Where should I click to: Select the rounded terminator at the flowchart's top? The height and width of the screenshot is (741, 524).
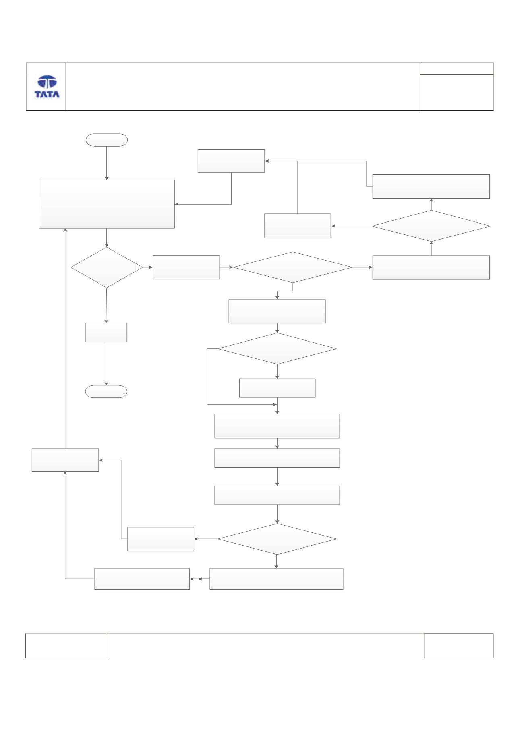click(107, 140)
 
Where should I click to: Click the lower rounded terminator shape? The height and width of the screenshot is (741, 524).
click(106, 391)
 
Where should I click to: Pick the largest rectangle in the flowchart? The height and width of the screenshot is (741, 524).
click(107, 204)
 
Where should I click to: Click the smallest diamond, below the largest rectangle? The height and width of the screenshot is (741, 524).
click(107, 267)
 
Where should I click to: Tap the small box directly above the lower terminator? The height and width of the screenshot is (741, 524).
click(106, 332)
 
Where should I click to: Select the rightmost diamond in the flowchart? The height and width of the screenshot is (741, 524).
click(431, 226)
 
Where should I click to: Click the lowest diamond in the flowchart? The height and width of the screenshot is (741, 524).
click(277, 539)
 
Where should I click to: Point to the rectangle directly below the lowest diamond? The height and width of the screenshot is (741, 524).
click(277, 579)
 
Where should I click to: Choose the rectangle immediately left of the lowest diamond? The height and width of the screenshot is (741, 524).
click(161, 539)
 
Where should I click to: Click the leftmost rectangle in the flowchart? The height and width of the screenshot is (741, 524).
click(65, 460)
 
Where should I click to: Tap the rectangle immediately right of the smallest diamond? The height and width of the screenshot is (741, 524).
click(186, 267)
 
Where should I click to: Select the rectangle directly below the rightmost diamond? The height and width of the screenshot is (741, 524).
click(431, 267)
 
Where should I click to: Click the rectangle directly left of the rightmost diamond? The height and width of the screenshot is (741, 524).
click(298, 226)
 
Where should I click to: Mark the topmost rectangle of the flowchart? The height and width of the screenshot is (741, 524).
click(231, 161)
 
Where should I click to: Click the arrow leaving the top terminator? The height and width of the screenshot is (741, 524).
click(107, 163)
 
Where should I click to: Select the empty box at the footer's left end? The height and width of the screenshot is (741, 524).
click(67, 646)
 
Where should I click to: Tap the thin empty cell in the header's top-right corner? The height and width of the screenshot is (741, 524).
click(457, 68)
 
